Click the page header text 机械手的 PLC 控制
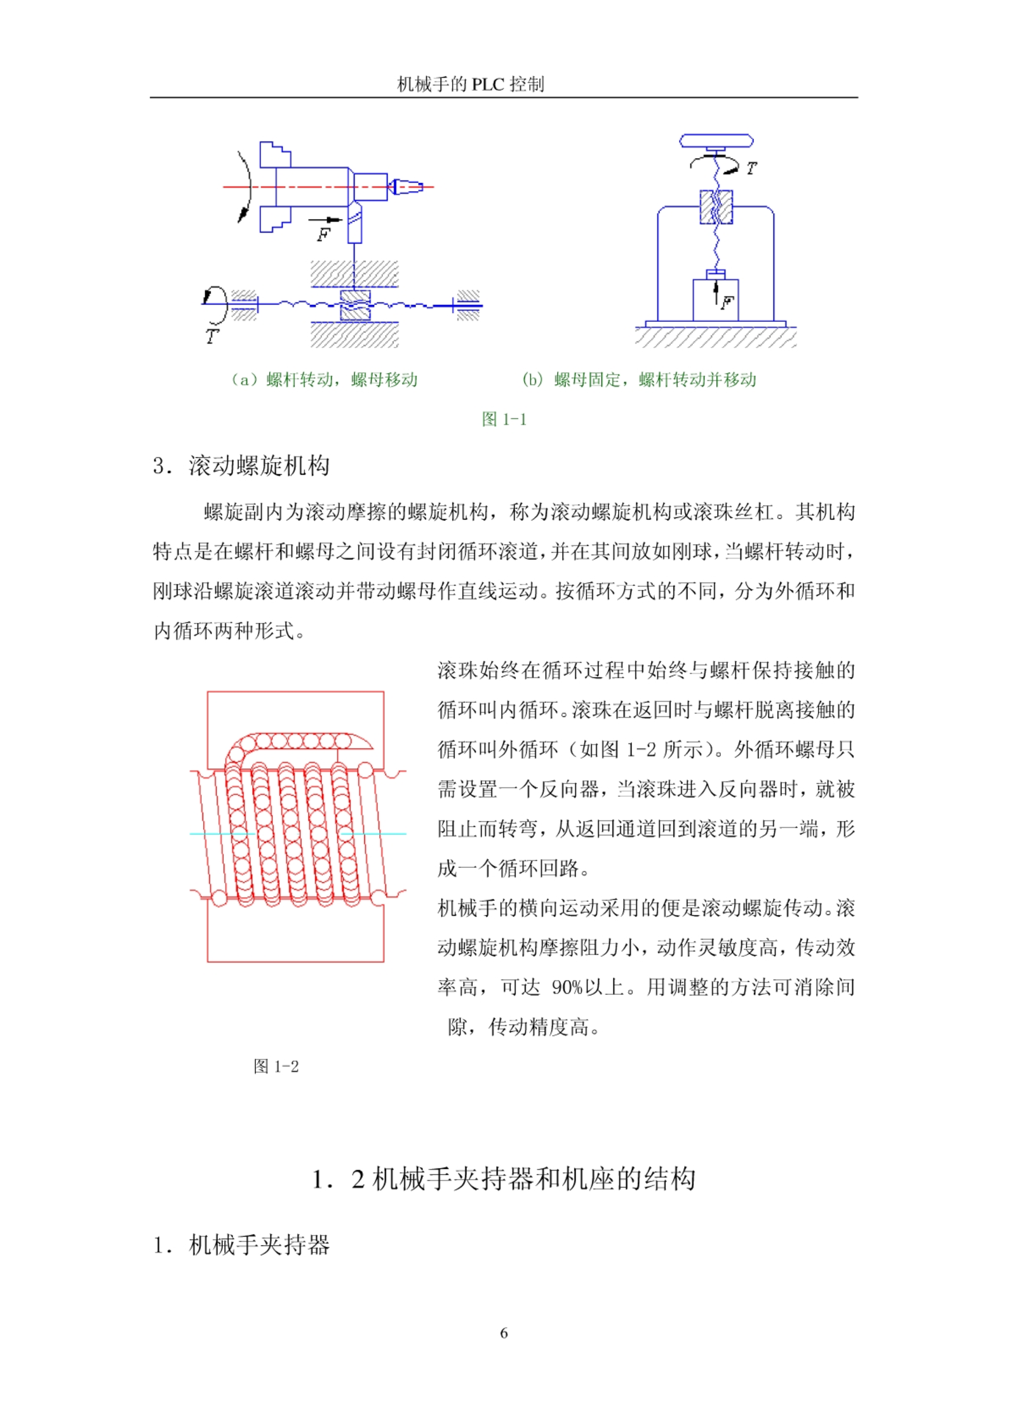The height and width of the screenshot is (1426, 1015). [470, 84]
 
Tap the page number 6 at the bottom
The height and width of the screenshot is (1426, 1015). [504, 1333]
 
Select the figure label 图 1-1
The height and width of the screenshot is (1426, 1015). [504, 419]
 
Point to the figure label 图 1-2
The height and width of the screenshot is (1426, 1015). [276, 1066]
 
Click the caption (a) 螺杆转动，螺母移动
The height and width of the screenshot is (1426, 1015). [324, 380]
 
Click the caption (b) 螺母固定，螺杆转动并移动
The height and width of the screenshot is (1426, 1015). [639, 380]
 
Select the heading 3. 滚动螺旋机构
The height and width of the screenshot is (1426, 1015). [241, 465]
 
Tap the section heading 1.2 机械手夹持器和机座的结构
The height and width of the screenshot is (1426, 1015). [504, 1179]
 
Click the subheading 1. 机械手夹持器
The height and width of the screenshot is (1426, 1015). [241, 1245]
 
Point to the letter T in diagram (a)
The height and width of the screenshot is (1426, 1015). [212, 337]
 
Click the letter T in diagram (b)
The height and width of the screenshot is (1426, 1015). [751, 169]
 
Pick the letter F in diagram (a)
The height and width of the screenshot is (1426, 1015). [323, 236]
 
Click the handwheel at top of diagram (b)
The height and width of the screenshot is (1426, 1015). [716, 140]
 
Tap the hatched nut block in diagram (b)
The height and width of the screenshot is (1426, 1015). [716, 207]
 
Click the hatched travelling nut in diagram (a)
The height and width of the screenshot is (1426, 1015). [355, 305]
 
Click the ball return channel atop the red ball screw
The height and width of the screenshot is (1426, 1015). [299, 742]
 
